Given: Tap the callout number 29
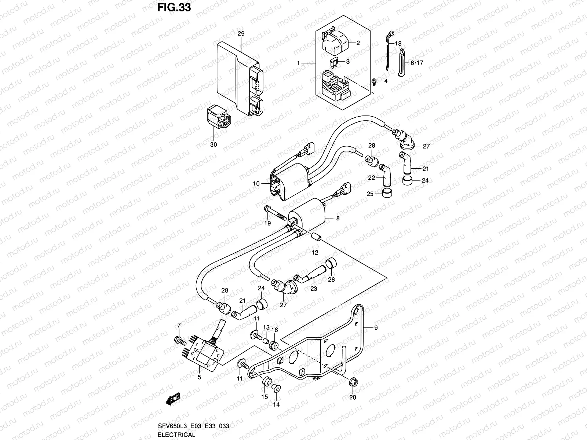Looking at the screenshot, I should pyautogui.click(x=241, y=33).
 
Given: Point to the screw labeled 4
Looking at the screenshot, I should pyautogui.click(x=374, y=81).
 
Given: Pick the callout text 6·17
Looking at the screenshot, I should pyautogui.click(x=417, y=63).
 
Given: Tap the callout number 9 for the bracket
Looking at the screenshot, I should pyautogui.click(x=375, y=329).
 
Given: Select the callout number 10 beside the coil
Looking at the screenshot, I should pyautogui.click(x=256, y=183).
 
